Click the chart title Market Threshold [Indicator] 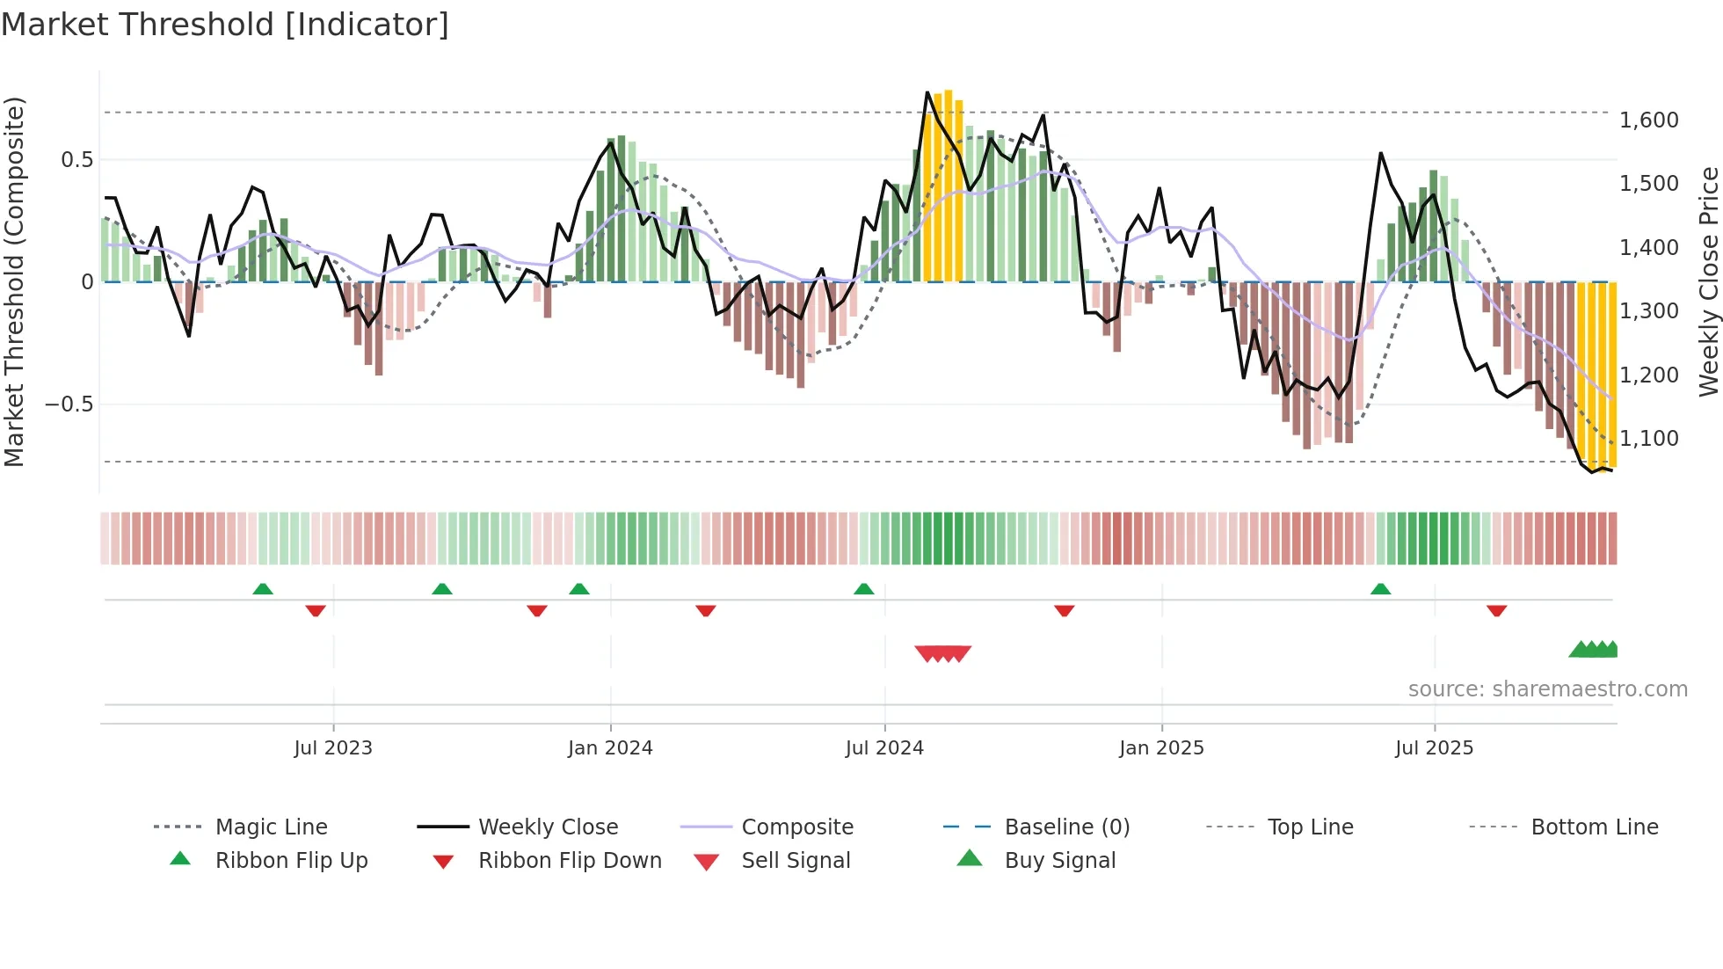point(225,25)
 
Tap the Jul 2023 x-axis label point(333,748)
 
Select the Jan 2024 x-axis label point(610,748)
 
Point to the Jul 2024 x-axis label point(884,748)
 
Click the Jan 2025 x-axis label point(1161,748)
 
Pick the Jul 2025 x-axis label point(1434,748)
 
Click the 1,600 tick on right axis point(1649,120)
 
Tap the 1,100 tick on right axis point(1649,439)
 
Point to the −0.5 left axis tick point(69,404)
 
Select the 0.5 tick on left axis point(76,160)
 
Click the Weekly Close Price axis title point(1708,281)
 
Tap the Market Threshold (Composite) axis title point(14,281)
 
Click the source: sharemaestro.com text point(1547,689)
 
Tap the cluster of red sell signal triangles point(942,653)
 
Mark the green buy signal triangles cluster point(1594,650)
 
